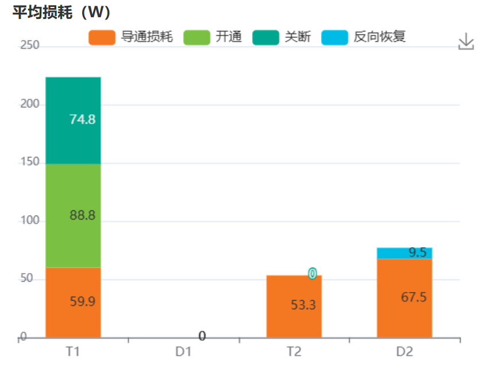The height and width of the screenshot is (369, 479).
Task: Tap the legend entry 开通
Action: [x=213, y=38]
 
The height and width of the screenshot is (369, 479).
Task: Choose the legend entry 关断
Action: [x=283, y=38]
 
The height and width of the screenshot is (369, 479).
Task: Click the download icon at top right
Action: [x=466, y=41]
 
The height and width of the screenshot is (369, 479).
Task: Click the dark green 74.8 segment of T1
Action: [x=73, y=121]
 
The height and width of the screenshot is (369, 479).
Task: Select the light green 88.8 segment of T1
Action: [x=73, y=216]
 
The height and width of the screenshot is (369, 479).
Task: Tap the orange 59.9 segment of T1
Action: [x=73, y=302]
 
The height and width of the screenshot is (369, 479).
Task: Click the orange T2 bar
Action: [x=294, y=307]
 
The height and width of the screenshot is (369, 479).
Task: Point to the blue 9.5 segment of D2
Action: [x=404, y=253]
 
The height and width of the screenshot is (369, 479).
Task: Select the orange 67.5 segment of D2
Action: [x=404, y=298]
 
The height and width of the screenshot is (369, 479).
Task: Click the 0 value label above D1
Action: [x=202, y=336]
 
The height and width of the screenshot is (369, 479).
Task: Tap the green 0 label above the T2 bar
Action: [x=312, y=274]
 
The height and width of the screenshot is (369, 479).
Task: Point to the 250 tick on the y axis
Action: [x=30, y=45]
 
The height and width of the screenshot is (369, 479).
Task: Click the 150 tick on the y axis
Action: [x=30, y=163]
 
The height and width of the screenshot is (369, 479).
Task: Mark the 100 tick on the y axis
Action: [x=30, y=221]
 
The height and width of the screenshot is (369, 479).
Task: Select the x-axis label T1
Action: [x=73, y=351]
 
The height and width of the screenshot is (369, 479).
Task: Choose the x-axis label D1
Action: [x=183, y=351]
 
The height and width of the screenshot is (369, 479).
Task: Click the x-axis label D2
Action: [x=404, y=351]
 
